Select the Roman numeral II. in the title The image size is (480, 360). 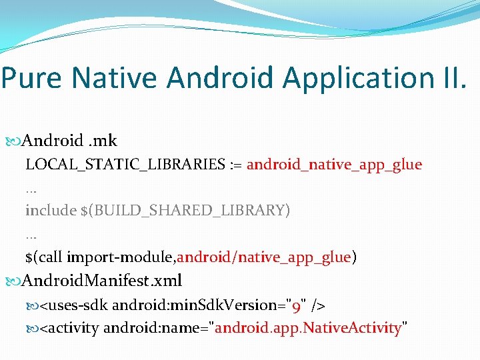pos(451,77)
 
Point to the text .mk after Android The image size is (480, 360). pos(104,141)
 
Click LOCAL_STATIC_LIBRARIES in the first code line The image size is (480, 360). pos(123,165)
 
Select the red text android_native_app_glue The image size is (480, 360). pos(334,165)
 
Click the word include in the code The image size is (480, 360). pos(51,211)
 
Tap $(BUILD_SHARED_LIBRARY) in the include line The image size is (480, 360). pos(185,211)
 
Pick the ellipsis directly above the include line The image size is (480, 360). pos(31,190)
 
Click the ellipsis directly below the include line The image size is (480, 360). pos(31,236)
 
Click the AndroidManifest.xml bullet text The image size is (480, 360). pos(102,281)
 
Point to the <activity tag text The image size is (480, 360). pos(70,328)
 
